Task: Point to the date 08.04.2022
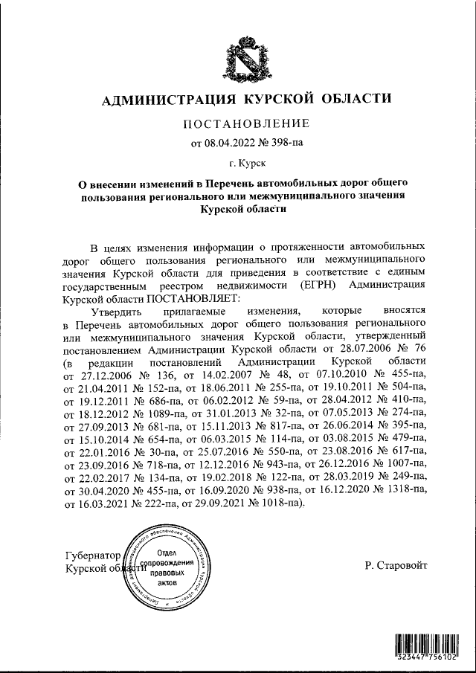228,141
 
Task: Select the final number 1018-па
278,503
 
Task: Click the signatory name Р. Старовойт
396,565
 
